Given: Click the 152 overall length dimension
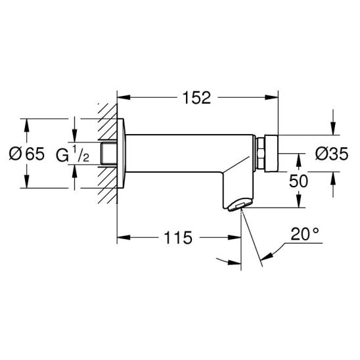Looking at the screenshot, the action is [196, 98].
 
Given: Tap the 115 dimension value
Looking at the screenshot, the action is [178, 238].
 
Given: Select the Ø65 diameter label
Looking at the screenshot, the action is [27, 154].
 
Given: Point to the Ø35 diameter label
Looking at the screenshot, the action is [332, 154].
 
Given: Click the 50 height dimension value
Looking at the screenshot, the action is [298, 181].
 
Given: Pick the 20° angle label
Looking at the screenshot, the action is [305, 234].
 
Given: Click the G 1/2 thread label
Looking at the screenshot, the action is [72, 153].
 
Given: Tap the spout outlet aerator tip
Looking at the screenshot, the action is [240, 204].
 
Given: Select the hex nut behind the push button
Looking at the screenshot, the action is [261, 153].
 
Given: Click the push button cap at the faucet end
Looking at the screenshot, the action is [271, 153].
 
